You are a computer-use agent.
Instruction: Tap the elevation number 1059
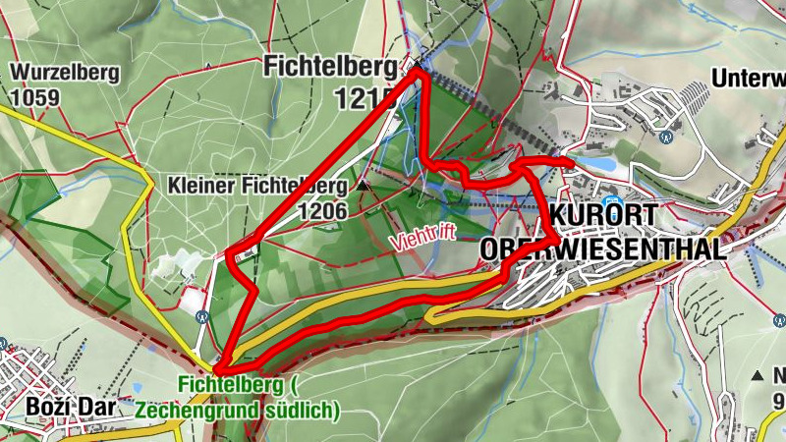tap(36, 97)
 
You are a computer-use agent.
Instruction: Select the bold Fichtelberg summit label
tap(329, 67)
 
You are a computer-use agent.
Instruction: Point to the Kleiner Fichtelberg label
tap(257, 185)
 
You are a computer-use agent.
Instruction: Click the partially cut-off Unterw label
tap(748, 78)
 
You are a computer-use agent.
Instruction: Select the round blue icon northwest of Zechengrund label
tap(201, 316)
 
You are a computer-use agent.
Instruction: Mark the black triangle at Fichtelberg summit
tap(417, 66)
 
